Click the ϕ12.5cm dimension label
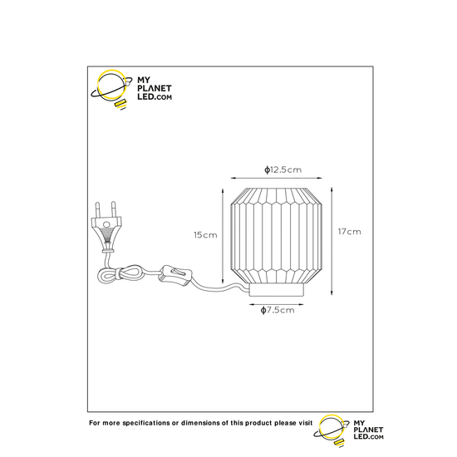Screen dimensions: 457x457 pos(283,170)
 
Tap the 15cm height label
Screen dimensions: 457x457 pos(205,235)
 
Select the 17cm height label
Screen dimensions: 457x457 pos(350,232)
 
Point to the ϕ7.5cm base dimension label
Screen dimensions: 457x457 pos(278,310)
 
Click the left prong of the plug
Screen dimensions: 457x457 pos(98,209)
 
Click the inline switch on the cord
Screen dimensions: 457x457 pos(175,274)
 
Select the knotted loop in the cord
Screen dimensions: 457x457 pos(120,274)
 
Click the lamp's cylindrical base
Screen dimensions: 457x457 pos(277,290)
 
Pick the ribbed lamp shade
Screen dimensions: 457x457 pos(277,236)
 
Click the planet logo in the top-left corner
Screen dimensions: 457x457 pos(111,89)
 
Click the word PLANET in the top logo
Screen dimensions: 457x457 pos(155,88)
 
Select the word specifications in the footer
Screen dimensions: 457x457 pos(146,423)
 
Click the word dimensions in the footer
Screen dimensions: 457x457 pos(201,423)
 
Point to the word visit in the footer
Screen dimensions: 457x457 pos(306,423)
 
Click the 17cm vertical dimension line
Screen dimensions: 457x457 pos(332,241)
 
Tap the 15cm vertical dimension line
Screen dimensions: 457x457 pos(223,236)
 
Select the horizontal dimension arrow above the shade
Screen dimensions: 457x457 pos(277,178)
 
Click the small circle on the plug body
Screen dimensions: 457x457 pos(107,224)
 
